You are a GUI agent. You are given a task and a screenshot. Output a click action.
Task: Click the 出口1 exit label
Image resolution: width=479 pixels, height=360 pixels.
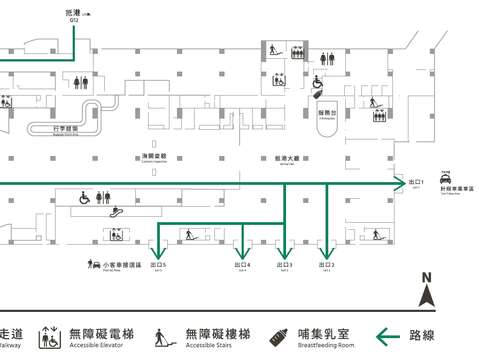pyautogui.click(x=418, y=182)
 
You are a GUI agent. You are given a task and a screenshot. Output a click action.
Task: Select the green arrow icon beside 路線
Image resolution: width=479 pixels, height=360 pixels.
pyautogui.click(x=390, y=336)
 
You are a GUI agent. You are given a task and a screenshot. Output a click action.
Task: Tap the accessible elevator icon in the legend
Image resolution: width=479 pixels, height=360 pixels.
pyautogui.click(x=46, y=338)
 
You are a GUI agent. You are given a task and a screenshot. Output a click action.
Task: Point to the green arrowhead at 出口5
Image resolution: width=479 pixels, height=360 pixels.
pyautogui.click(x=157, y=252)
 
